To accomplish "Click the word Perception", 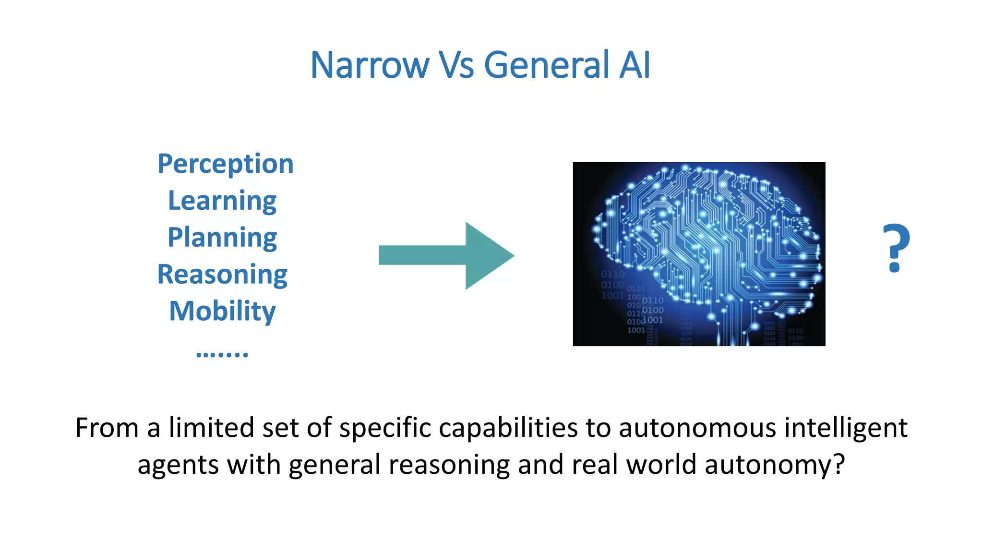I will pos(225,164).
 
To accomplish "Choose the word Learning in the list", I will pos(222,201).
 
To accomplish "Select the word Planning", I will pos(222,238).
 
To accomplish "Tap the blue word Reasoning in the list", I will pos(222,275).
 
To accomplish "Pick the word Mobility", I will pos(222,311).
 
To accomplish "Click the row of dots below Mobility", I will pos(222,355).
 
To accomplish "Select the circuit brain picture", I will pos(699,254).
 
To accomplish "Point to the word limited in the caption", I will pos(211,428).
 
